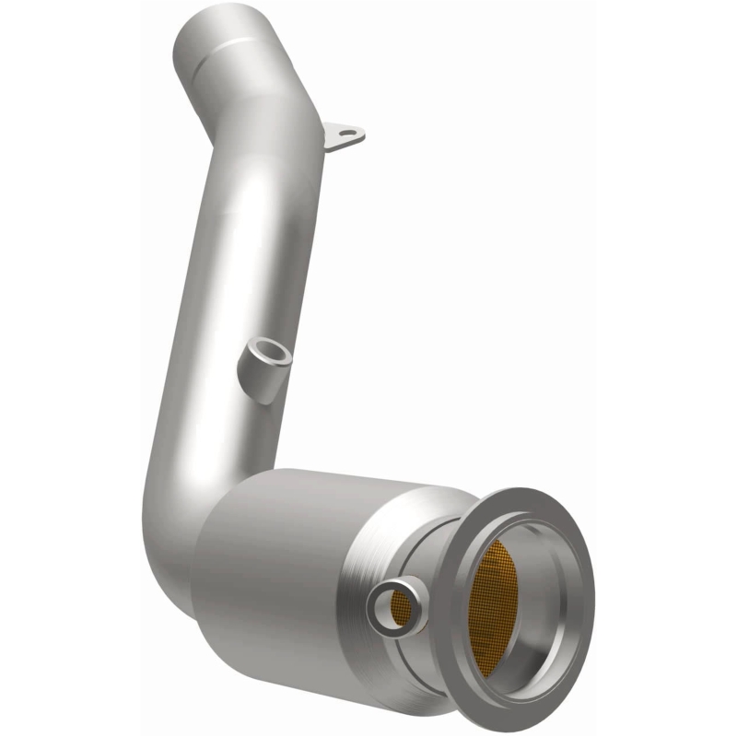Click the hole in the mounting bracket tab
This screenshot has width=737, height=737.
pos(347,135)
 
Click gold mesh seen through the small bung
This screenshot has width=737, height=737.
pos(398,606)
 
